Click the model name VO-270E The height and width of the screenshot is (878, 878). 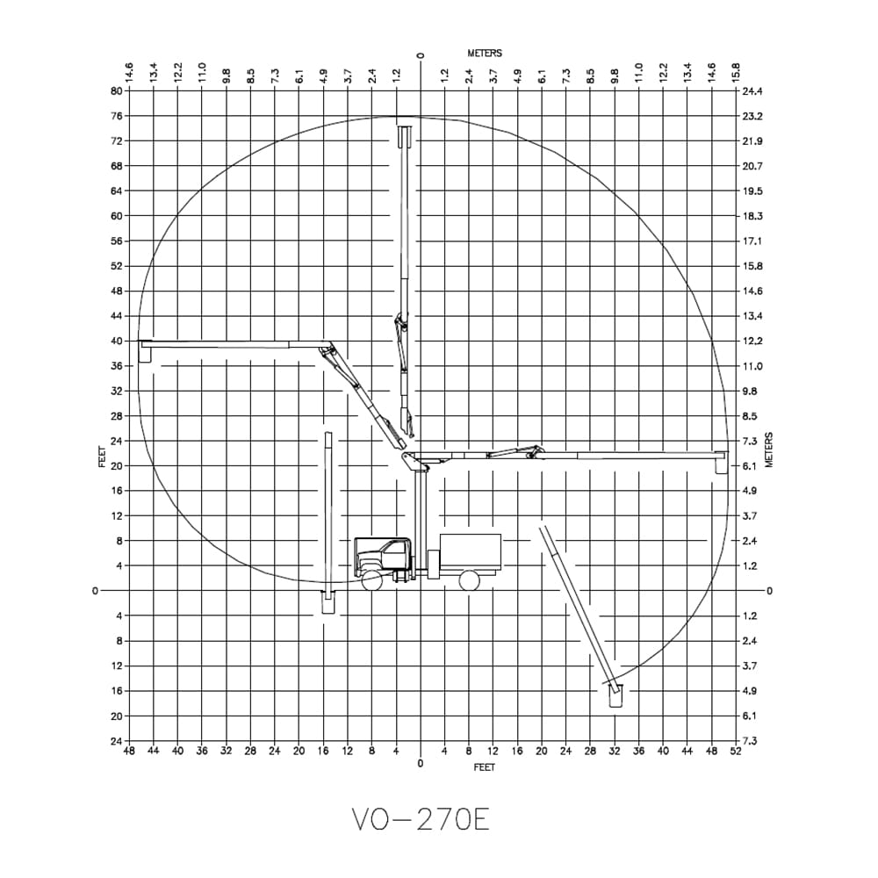(421, 820)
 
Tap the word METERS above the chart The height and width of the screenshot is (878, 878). (485, 54)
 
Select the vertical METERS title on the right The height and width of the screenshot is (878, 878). (769, 450)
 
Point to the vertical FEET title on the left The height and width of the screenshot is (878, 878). (103, 457)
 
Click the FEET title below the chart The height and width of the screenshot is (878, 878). (484, 767)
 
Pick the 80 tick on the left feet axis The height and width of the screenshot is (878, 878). (115, 90)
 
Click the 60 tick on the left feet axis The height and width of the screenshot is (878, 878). (115, 216)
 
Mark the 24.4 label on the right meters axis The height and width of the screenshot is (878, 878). (752, 91)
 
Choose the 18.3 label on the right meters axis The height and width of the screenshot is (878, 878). (752, 216)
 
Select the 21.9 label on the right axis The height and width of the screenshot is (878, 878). (752, 141)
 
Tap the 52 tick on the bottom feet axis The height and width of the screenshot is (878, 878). (735, 752)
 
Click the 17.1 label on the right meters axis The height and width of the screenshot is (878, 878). (752, 241)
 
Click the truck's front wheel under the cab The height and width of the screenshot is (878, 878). (372, 580)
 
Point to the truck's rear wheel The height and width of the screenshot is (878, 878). (470, 580)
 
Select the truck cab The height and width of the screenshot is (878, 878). (385, 555)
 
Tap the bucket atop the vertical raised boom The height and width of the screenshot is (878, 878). (406, 137)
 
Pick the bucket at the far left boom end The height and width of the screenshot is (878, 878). (146, 351)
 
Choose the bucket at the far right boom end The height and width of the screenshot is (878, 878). (722, 463)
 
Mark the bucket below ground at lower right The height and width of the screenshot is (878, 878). (615, 695)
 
